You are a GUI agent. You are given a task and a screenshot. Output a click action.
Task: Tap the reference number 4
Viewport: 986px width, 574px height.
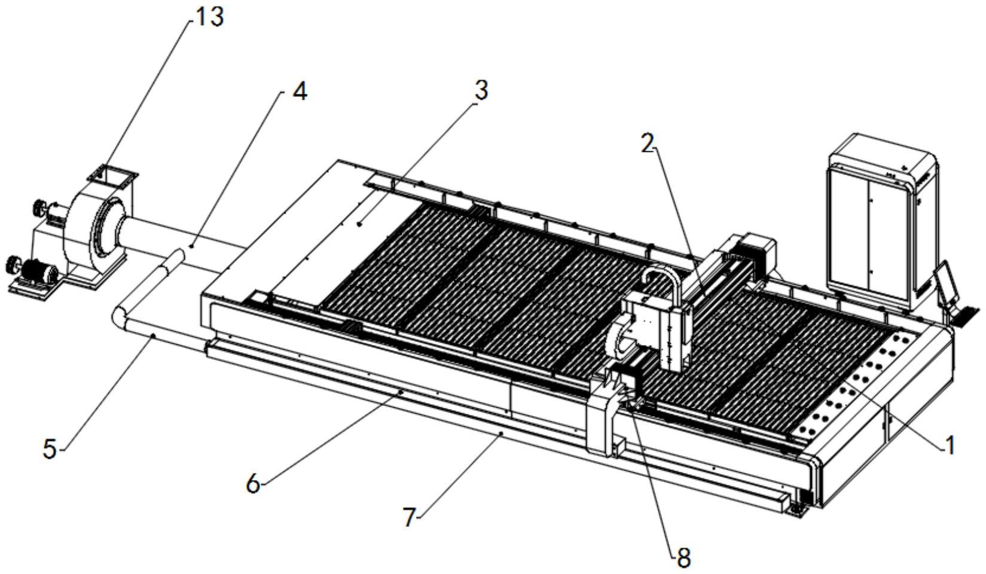[x=299, y=93]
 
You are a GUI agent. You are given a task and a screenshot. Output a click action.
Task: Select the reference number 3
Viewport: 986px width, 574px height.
[x=480, y=91]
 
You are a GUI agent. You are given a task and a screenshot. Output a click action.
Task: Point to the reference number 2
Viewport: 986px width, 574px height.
[x=647, y=143]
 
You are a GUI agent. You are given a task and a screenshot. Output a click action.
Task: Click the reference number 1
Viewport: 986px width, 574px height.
[x=949, y=445]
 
